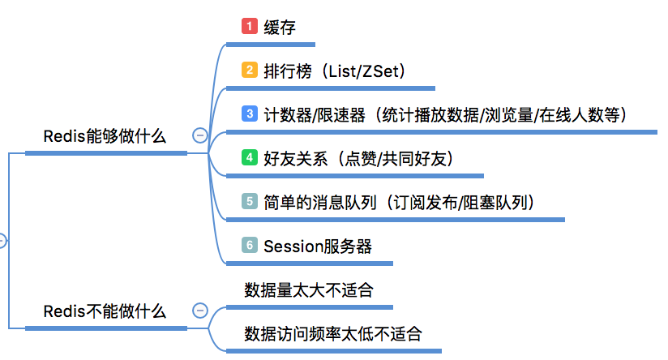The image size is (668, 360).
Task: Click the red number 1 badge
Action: point(249,27)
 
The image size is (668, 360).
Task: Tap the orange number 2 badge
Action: point(249,71)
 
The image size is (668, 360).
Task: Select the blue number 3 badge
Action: point(249,114)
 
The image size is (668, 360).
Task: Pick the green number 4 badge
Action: point(249,158)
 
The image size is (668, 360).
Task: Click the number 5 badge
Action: point(249,202)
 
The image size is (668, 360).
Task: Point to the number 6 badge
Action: point(249,246)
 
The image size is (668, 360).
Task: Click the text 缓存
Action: point(280,28)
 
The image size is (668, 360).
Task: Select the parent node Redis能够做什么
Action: point(105,136)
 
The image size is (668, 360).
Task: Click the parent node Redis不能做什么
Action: point(105,311)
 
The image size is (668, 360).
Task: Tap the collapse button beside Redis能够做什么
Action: point(199,136)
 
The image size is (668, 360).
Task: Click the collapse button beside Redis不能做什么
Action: point(199,311)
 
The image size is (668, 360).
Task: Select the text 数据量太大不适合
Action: point(309,290)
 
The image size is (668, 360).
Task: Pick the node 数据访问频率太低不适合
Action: point(333,334)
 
